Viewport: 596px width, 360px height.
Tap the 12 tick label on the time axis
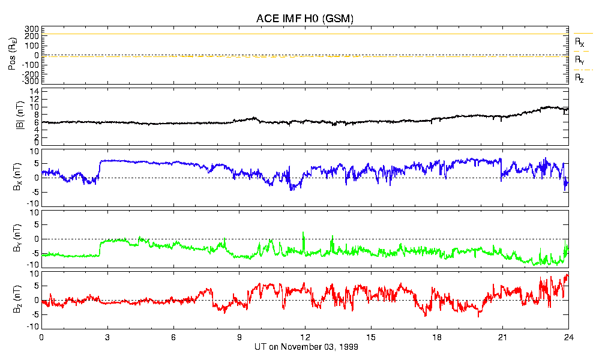click(x=305, y=338)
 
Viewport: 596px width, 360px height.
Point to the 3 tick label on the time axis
click(x=107, y=338)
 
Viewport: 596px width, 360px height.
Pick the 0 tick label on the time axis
click(x=41, y=338)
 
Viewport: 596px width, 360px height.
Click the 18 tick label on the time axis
click(x=437, y=338)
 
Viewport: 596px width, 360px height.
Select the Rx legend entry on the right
click(x=579, y=43)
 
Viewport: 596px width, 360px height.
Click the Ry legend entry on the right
click(x=579, y=60)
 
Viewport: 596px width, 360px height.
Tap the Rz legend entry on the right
click(x=579, y=78)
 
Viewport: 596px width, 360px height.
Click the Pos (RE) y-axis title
click(x=11, y=56)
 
